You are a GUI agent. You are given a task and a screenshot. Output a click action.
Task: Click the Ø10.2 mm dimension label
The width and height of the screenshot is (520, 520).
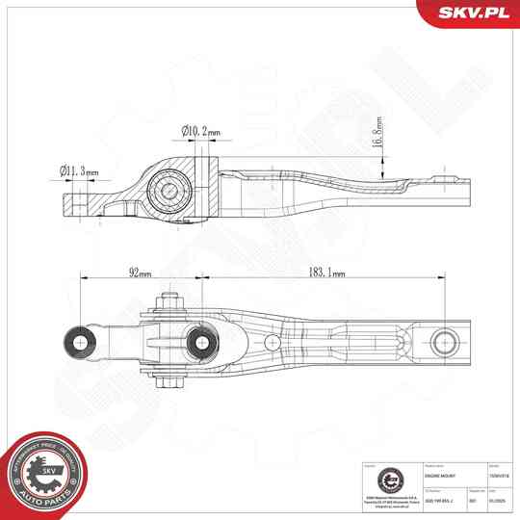[x=200, y=133]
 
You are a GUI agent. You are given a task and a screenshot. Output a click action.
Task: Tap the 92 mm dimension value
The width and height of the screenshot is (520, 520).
[x=139, y=273]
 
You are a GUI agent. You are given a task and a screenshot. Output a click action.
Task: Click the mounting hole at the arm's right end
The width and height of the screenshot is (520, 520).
[x=444, y=341]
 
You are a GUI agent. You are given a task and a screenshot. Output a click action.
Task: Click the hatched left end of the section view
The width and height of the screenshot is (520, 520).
[x=76, y=203]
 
